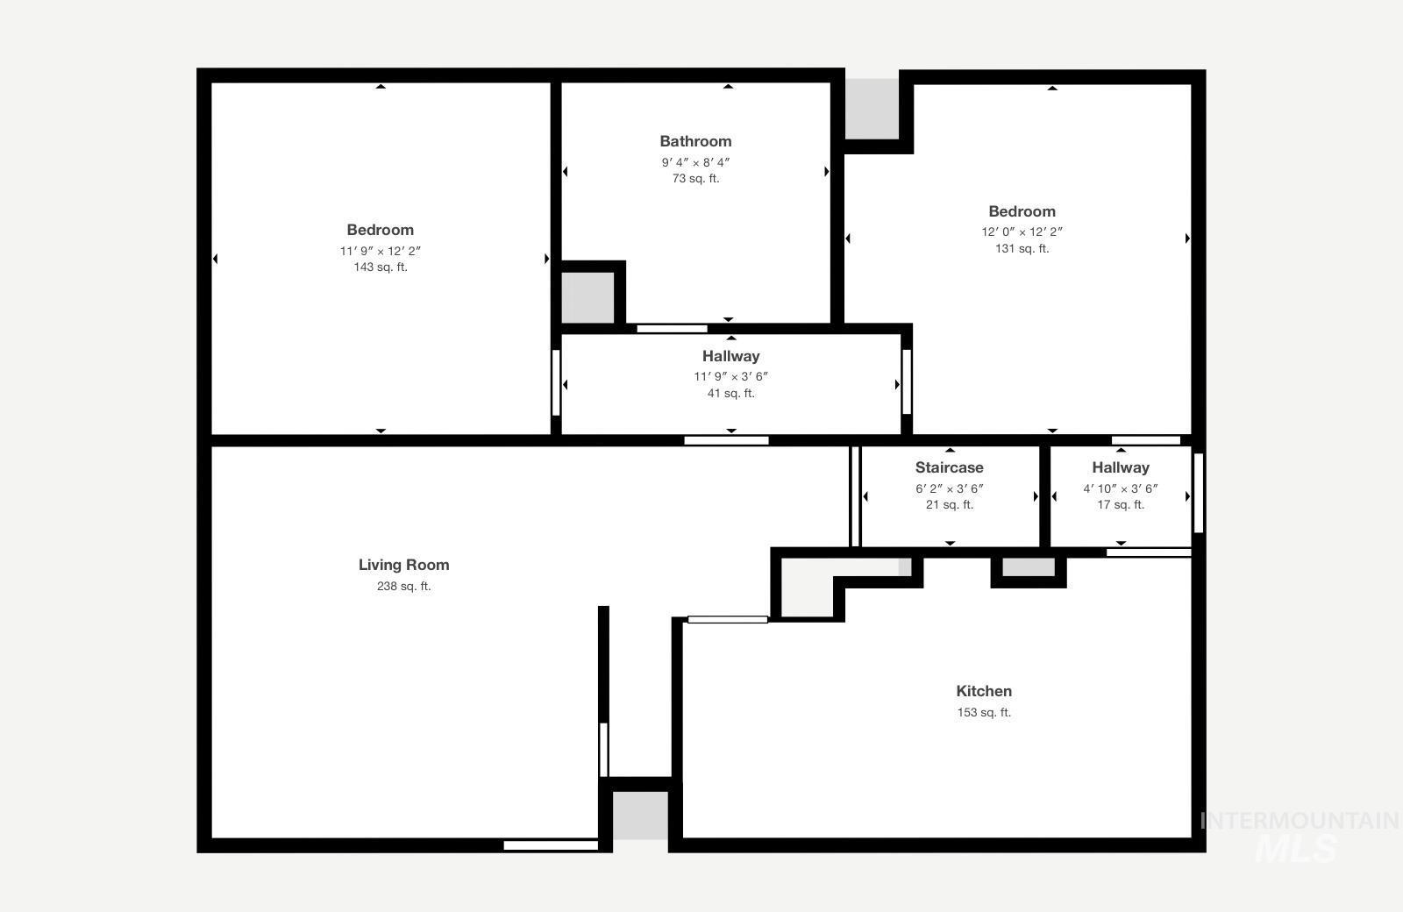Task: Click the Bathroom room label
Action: pos(695,141)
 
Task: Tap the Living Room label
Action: pos(403,565)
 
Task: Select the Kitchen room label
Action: pos(983,691)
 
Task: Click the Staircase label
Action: pos(949,467)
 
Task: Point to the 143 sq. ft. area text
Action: pos(381,267)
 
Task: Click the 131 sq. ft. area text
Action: pos(1022,248)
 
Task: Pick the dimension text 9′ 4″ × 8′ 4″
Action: pos(695,162)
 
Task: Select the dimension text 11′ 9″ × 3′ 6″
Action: pos(730,376)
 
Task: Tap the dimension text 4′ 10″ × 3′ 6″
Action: pos(1120,488)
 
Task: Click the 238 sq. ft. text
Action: pos(403,587)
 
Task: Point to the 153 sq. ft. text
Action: pos(983,712)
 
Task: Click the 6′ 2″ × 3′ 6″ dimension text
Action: pos(949,488)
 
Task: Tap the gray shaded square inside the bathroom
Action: pos(588,297)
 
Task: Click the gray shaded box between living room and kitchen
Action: pos(639,815)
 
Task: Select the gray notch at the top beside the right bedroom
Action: pos(872,109)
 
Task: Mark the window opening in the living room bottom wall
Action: pos(551,845)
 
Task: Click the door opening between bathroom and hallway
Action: pos(672,329)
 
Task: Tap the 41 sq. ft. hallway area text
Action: pos(730,394)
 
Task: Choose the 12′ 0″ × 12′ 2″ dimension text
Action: pos(1022,232)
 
